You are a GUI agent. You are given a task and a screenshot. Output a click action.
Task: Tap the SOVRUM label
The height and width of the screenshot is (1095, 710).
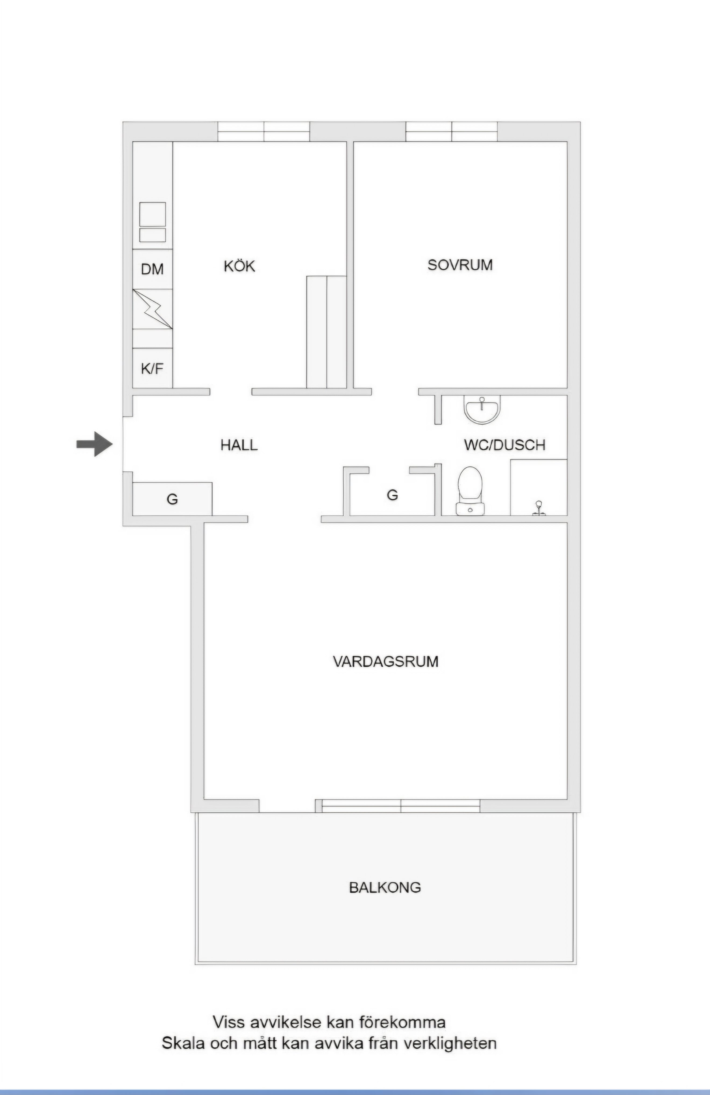coord(460,265)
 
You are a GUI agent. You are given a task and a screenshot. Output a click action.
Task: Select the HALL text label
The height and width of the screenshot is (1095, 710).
coord(239,445)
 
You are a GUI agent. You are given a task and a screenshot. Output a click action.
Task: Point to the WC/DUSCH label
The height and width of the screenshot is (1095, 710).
coord(505,445)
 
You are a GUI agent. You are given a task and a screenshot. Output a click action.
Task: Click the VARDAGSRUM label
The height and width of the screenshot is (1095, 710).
coord(386,662)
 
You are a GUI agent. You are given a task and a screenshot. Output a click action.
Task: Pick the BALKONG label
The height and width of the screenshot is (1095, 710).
coord(385,887)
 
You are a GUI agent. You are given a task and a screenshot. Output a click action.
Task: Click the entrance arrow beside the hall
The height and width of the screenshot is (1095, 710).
coord(94,444)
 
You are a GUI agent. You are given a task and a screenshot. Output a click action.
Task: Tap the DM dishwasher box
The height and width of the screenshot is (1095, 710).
coord(152,269)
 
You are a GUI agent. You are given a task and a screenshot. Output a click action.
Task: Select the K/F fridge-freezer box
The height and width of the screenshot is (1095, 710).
coord(152,368)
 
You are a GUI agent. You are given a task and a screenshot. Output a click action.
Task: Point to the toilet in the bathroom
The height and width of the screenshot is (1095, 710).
coord(470,491)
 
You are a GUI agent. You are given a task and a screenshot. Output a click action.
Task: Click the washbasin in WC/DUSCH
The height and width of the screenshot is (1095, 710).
coord(482,410)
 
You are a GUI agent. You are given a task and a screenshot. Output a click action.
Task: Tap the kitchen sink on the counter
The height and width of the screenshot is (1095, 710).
coord(152,222)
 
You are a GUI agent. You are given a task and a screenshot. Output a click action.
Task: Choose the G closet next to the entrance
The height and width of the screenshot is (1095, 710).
coord(172,499)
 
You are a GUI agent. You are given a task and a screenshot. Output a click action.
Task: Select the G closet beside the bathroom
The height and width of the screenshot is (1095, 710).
coord(392,495)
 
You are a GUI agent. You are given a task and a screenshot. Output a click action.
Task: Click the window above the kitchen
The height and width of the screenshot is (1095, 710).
coord(264,131)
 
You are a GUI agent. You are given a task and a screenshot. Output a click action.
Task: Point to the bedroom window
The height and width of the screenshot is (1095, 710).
coord(451,131)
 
